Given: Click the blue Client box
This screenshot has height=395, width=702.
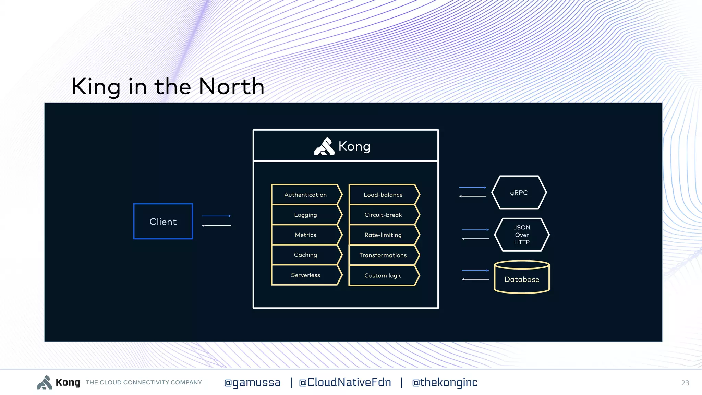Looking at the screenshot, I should click(163, 222).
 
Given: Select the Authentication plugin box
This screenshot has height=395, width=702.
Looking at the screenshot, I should click(305, 195).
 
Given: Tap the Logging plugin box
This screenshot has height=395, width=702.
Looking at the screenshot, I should click(305, 215).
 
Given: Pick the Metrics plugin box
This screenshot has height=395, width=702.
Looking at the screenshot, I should click(305, 235).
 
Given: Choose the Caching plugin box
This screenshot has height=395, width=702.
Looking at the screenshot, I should click(305, 255).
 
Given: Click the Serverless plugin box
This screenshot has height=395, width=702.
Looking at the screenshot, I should click(305, 275).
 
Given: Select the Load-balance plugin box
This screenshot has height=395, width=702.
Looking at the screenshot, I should click(383, 195).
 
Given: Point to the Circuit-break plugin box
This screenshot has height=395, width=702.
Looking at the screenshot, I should click(383, 215).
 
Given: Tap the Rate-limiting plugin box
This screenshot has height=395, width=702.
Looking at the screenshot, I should click(383, 235).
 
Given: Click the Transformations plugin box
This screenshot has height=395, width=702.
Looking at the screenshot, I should click(383, 255).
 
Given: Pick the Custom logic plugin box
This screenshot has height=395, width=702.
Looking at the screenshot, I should click(383, 275).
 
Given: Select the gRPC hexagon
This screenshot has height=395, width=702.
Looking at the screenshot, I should click(519, 193).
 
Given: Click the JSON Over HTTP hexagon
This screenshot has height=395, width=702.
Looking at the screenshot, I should click(521, 235).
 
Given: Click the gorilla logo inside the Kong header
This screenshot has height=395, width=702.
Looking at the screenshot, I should click(324, 147).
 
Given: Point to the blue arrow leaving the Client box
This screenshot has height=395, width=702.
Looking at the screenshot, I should click(216, 216).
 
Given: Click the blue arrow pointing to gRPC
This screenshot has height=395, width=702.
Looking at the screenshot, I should click(472, 188).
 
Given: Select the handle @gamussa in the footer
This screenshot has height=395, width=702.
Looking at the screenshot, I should click(252, 382).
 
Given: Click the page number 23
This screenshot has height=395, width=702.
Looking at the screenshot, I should click(685, 383).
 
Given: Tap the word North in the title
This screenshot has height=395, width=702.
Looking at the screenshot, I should click(231, 86).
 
